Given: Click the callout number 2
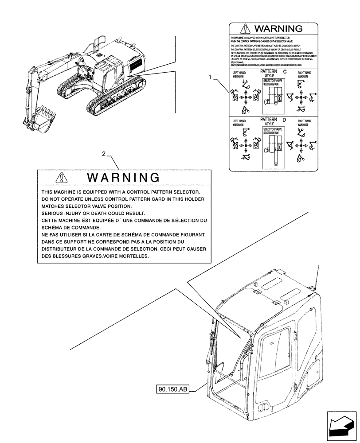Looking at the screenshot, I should tap(104, 154).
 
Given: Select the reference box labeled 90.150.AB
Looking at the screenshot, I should tap(172, 389).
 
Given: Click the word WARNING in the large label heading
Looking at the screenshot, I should tap(123, 178).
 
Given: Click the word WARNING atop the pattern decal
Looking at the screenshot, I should tap(278, 29).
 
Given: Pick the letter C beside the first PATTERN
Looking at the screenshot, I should tap(285, 71).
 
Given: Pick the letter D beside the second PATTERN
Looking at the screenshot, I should tap(285, 120).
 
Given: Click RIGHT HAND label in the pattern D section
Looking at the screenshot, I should tap(304, 121).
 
